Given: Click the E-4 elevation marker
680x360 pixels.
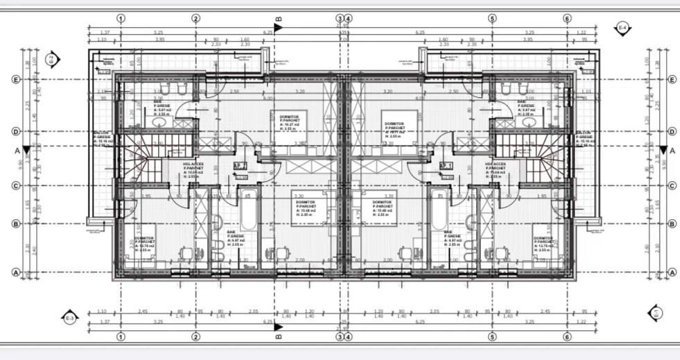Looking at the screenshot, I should (622, 27).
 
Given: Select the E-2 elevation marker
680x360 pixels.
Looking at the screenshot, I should (51, 60).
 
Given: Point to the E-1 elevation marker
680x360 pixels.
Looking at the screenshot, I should (654, 313).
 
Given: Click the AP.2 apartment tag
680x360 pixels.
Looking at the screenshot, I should (241, 166).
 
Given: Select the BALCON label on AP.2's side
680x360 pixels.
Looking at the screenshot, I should (102, 139).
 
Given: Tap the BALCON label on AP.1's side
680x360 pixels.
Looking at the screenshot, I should (585, 139).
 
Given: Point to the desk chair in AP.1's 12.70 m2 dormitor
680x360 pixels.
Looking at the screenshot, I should (500, 253).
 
